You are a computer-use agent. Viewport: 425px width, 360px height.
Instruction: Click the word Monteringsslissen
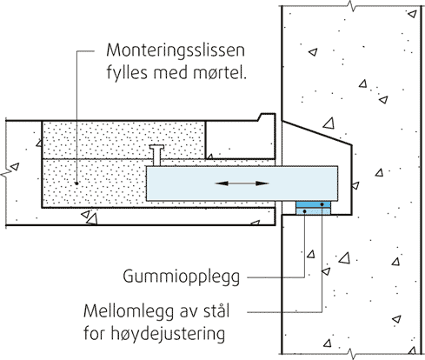tap(176, 50)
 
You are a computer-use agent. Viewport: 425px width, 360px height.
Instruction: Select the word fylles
tap(128, 72)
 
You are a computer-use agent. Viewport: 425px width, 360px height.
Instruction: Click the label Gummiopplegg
tap(182, 277)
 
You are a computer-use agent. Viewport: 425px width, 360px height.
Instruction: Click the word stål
tap(214, 310)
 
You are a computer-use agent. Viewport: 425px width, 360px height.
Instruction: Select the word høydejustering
tap(168, 334)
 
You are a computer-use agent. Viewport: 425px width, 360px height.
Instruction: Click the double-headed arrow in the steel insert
tap(242, 183)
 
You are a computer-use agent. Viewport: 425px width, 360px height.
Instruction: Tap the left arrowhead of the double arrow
tap(222, 183)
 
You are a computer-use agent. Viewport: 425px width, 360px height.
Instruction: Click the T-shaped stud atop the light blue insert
tap(156, 156)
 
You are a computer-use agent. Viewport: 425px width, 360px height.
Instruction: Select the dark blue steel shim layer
tap(313, 204)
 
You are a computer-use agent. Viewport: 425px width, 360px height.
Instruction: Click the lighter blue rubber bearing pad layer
tap(313, 211)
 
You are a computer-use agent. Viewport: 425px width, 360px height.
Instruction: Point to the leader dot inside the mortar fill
tap(76, 183)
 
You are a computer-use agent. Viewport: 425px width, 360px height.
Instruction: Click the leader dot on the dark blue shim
tap(322, 204)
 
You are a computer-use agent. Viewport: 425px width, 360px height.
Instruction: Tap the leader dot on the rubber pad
tap(304, 211)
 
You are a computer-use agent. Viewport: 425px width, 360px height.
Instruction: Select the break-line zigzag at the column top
tap(352, 5)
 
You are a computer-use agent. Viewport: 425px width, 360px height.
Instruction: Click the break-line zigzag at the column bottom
tap(352, 354)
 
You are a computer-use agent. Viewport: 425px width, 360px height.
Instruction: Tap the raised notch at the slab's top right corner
tap(267, 117)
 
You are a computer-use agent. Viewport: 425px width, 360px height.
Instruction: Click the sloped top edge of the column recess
tap(317, 132)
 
